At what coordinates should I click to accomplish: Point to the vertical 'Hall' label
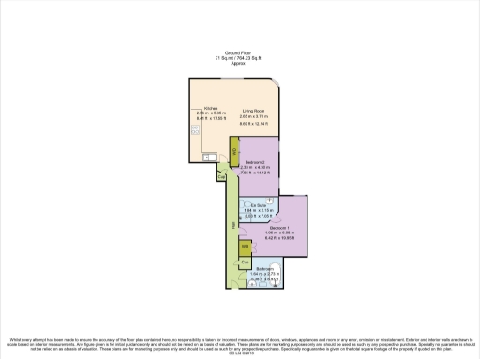(x=231, y=226)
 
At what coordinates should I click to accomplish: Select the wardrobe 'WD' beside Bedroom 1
(x=245, y=247)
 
